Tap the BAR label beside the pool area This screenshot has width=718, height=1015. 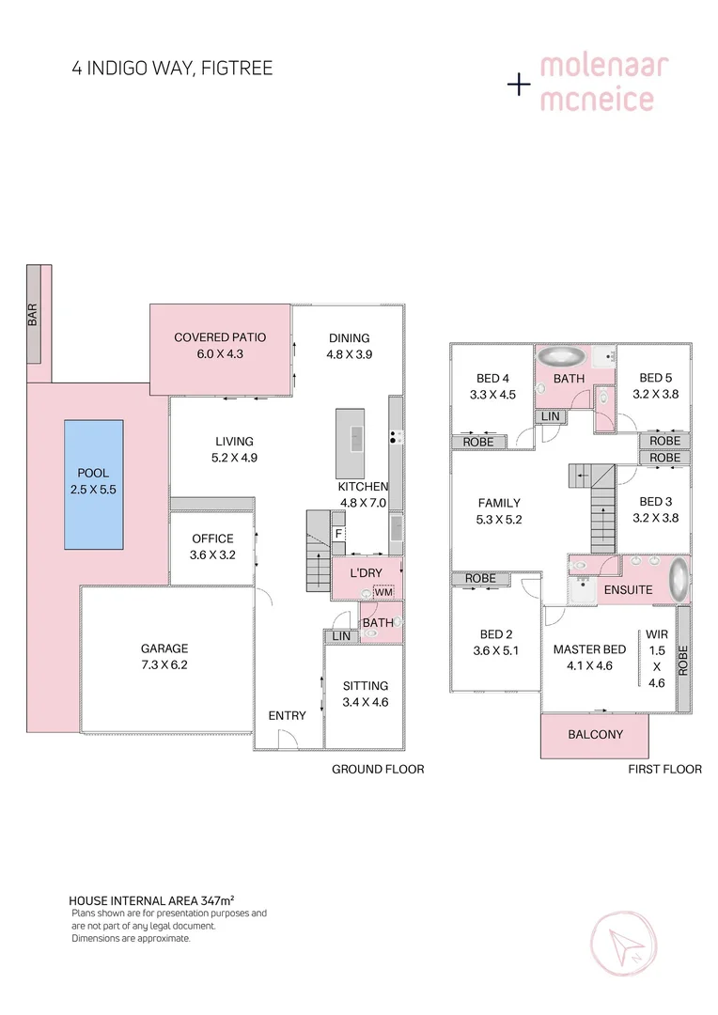coord(32,315)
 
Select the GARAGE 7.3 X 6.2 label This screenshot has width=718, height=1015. coord(164,656)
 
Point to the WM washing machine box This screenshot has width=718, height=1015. coord(383,592)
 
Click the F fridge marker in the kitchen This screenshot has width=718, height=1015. coord(338,534)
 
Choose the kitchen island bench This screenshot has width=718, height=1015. coord(350,444)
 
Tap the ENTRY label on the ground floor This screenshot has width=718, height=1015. coord(287,715)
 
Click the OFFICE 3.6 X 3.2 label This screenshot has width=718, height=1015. coord(212,546)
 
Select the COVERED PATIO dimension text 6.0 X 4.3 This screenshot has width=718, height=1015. coord(220,354)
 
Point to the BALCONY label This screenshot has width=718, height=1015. coord(595,734)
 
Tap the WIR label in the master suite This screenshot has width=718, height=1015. coord(657,634)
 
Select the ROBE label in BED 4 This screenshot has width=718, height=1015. coord(478,442)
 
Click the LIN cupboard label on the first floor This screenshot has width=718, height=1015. coord(551,416)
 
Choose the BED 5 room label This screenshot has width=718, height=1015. coord(656,378)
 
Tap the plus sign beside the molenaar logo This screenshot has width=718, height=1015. coord(519,85)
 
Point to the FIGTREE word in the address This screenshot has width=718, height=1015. coord(237,68)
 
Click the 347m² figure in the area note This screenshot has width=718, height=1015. coord(217,899)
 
